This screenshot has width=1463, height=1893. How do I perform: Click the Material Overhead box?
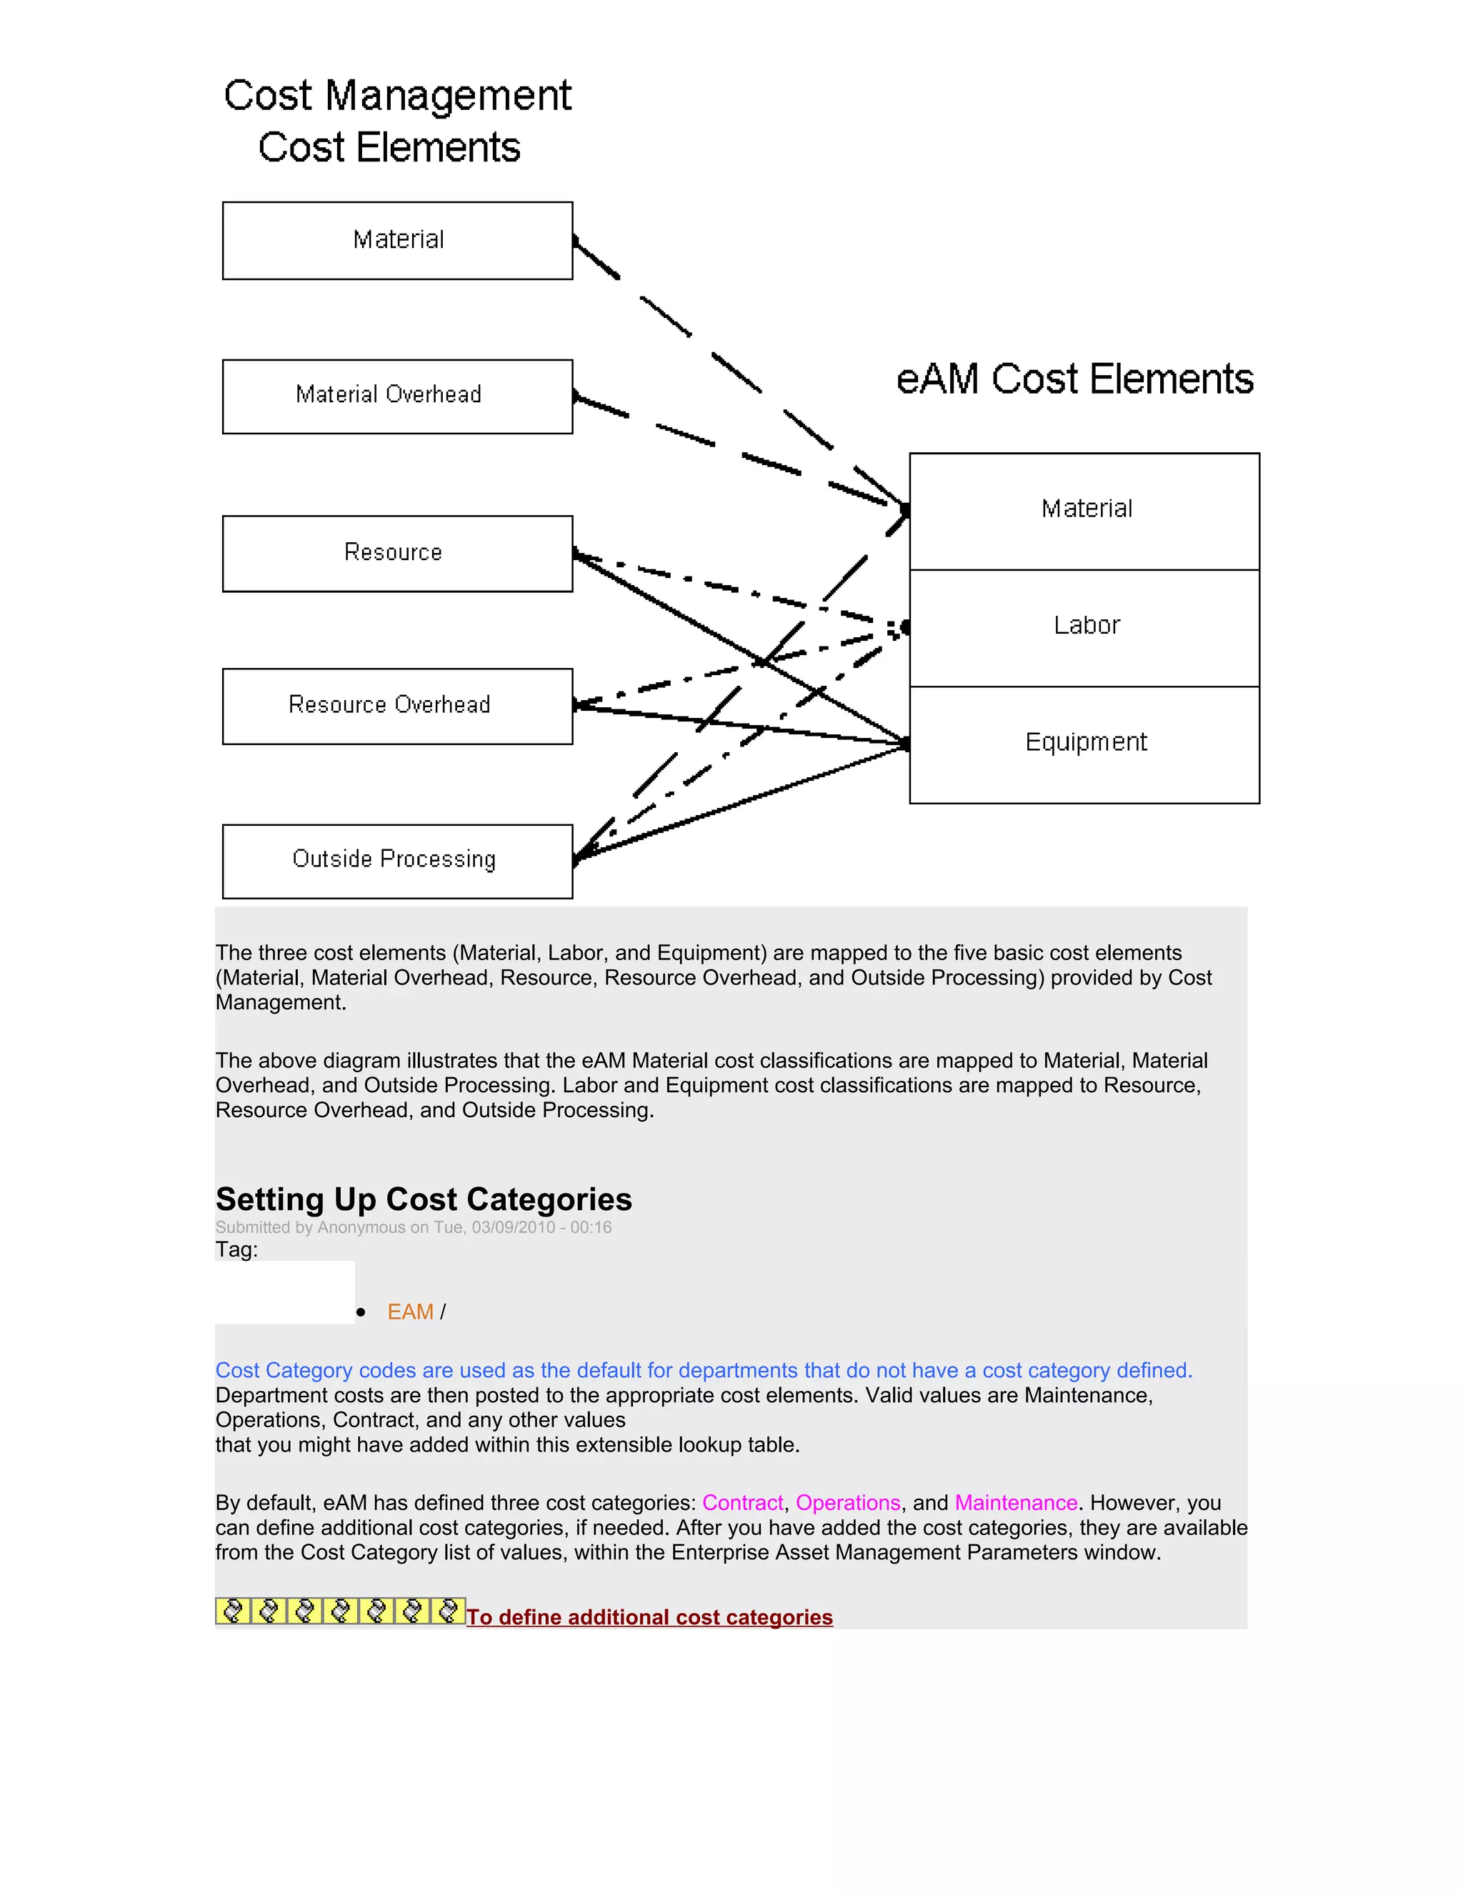[x=397, y=396]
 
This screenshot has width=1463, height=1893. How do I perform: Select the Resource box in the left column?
[x=397, y=554]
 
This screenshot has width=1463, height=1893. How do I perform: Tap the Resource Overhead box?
[x=397, y=706]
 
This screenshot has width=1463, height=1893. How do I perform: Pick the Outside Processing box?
[x=397, y=861]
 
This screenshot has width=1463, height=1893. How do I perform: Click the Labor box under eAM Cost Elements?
[x=1084, y=627]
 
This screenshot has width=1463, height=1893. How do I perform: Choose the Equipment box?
[x=1084, y=744]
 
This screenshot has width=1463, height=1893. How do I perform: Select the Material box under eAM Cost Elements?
[x=1084, y=511]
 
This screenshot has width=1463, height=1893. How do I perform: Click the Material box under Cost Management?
[x=397, y=240]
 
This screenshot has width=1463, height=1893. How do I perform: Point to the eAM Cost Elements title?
[x=1074, y=379]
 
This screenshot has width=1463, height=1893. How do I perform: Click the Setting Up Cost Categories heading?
[x=424, y=1199]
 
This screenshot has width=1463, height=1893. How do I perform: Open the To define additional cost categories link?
[x=649, y=1617]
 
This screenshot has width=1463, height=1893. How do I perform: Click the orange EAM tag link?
[x=410, y=1312]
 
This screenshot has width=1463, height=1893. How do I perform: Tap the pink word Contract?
[x=742, y=1502]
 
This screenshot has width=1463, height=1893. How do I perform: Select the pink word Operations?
[x=848, y=1502]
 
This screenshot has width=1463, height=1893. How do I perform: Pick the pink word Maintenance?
[x=1016, y=1502]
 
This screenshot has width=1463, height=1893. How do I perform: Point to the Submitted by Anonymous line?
[x=414, y=1227]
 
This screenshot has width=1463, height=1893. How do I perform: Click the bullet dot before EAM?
[x=361, y=1312]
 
